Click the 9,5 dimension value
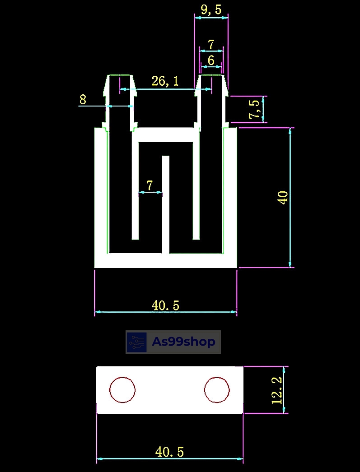(x=211, y=10)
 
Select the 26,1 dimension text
(x=165, y=81)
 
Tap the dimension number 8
(x=83, y=99)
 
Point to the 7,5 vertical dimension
(x=254, y=109)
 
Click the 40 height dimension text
(x=284, y=198)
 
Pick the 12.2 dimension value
(x=277, y=390)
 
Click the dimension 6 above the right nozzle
(x=211, y=60)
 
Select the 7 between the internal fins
(x=150, y=185)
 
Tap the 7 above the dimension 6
(x=211, y=45)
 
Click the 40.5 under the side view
(x=165, y=305)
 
